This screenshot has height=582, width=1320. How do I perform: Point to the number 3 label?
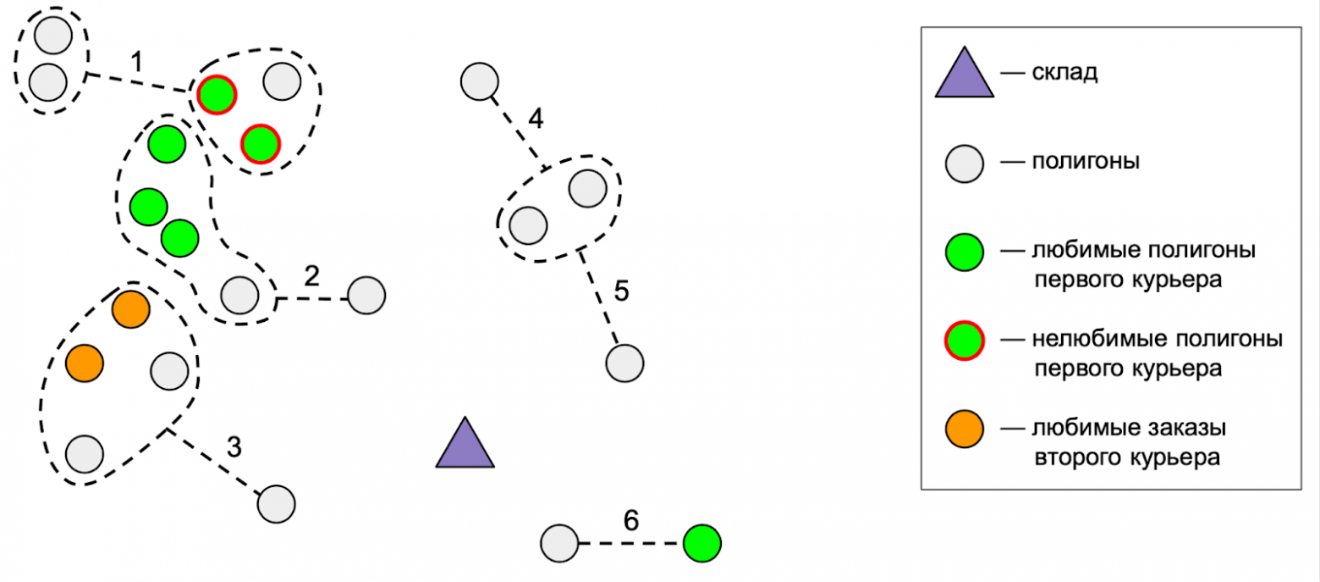(234, 446)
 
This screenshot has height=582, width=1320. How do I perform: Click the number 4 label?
(535, 119)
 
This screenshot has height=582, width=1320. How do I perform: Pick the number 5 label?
(621, 292)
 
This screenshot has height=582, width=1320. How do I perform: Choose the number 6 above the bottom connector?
(631, 520)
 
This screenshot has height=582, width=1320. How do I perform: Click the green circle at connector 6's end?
(702, 543)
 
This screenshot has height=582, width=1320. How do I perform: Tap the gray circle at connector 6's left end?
(558, 543)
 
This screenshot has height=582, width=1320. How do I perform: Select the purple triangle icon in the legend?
(964, 74)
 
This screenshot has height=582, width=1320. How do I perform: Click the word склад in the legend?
(1064, 73)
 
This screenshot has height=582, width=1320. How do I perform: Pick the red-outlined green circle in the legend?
(964, 340)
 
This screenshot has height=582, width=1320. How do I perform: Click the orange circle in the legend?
(964, 428)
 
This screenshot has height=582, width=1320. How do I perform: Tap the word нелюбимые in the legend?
(1085, 340)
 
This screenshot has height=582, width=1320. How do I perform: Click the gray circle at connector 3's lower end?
(276, 504)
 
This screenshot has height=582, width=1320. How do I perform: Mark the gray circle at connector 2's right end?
(366, 296)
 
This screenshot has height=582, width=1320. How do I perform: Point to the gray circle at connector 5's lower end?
(624, 363)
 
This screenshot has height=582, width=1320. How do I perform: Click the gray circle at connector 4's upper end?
(479, 81)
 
